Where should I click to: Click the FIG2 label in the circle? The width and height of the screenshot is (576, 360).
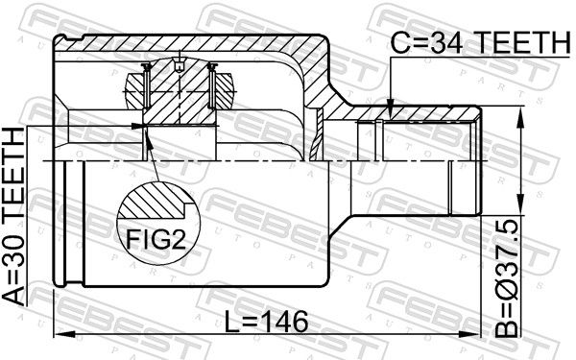(156, 238)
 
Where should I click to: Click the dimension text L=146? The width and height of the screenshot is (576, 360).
(266, 322)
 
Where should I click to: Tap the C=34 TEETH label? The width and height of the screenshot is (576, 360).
(480, 42)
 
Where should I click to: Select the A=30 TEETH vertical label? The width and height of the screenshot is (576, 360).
(13, 217)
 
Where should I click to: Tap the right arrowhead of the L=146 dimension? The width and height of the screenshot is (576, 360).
(470, 334)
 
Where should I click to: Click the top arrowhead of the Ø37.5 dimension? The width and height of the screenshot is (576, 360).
(520, 116)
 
